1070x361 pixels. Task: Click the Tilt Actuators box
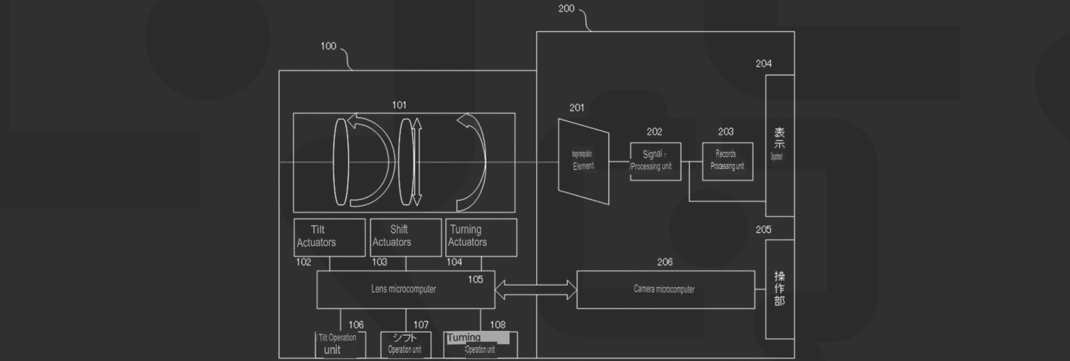click(x=329, y=238)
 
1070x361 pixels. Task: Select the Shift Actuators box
click(x=405, y=238)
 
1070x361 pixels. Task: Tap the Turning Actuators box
click(x=481, y=238)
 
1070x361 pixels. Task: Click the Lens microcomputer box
click(x=405, y=289)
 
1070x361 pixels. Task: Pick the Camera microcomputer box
click(x=665, y=289)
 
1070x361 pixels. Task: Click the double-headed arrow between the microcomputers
click(x=536, y=289)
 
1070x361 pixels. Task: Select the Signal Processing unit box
click(x=656, y=161)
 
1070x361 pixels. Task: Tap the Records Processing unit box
click(x=727, y=161)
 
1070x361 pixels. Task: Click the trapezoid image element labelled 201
click(x=584, y=161)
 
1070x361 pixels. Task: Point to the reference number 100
click(x=328, y=47)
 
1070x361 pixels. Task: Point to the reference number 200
click(x=566, y=9)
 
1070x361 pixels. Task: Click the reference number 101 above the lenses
click(x=399, y=105)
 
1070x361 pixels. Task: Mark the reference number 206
click(x=665, y=262)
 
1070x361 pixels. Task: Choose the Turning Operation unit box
click(x=480, y=345)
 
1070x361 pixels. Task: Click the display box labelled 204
click(x=780, y=145)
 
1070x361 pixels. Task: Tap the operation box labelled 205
click(x=780, y=289)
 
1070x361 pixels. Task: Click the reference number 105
click(x=475, y=279)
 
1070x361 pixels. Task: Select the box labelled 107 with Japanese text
click(x=405, y=345)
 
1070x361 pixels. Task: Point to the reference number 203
click(x=725, y=132)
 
